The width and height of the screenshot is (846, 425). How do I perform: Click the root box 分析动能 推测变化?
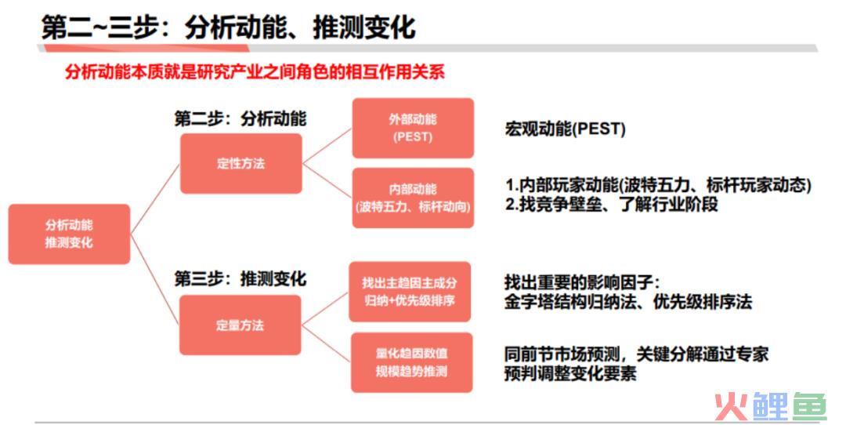pos(69,234)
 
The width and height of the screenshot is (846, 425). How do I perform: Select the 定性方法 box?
pos(241,164)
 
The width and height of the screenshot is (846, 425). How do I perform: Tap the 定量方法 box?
pos(240,325)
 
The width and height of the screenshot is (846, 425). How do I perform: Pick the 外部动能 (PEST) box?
pos(413,128)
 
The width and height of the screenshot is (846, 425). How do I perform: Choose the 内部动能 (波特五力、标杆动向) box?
pos(413,198)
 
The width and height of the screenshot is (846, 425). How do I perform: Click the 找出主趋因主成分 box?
pos(410,292)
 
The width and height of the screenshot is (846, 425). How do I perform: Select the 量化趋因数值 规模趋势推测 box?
pos(412,362)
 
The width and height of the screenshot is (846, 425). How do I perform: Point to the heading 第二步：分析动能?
pos(240,118)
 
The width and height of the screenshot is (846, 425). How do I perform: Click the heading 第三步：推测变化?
pos(240,278)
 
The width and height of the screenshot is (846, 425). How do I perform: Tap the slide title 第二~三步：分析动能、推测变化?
pos(228,27)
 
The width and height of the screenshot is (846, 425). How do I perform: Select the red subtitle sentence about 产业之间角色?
pos(255,72)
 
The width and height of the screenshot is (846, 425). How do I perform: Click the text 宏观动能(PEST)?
pos(565,129)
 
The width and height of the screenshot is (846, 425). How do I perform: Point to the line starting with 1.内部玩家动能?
pos(658,185)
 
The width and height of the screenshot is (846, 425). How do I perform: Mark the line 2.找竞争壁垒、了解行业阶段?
pos(612,204)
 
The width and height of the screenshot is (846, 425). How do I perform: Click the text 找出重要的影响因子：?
pos(582,282)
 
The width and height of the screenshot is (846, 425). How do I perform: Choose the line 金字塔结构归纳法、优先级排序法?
pos(628,301)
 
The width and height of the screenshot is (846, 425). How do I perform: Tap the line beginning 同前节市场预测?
pos(637,354)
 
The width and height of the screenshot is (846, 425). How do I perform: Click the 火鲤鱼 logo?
pos(771,406)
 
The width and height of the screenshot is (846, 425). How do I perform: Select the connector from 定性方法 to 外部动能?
pos(327,146)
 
